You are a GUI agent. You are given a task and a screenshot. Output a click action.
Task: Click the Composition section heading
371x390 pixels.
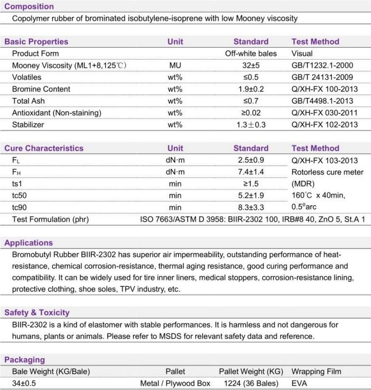(x=29, y=7)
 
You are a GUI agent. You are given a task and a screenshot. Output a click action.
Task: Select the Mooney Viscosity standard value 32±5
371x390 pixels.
(x=251, y=65)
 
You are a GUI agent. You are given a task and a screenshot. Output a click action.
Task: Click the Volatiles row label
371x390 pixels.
(x=27, y=77)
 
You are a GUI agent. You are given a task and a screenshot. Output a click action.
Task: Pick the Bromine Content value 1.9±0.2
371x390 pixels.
(x=251, y=89)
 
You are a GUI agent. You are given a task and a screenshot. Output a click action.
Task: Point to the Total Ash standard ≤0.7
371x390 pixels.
(x=251, y=101)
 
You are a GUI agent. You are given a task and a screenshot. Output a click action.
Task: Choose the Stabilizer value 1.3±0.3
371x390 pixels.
(x=251, y=125)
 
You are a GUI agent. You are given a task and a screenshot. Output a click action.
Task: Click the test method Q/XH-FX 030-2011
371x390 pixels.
(x=324, y=113)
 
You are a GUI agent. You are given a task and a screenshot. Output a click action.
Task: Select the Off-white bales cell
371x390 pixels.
(x=251, y=54)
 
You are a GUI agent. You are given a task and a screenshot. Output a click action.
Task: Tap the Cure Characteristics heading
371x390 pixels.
(x=44, y=148)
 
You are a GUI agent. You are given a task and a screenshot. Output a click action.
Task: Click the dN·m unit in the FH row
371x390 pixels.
(x=175, y=172)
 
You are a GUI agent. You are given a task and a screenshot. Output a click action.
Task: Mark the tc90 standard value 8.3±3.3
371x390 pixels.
(x=251, y=207)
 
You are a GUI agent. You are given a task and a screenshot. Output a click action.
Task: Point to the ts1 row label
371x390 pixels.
(x=18, y=184)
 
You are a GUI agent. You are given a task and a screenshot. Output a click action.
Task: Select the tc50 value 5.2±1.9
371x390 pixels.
(x=251, y=196)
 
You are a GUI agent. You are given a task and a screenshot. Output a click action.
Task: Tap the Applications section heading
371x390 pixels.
(x=28, y=243)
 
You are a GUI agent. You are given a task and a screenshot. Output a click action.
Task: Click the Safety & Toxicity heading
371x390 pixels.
(x=37, y=312)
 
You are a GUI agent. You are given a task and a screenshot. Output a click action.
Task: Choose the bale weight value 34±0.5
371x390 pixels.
(x=24, y=383)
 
